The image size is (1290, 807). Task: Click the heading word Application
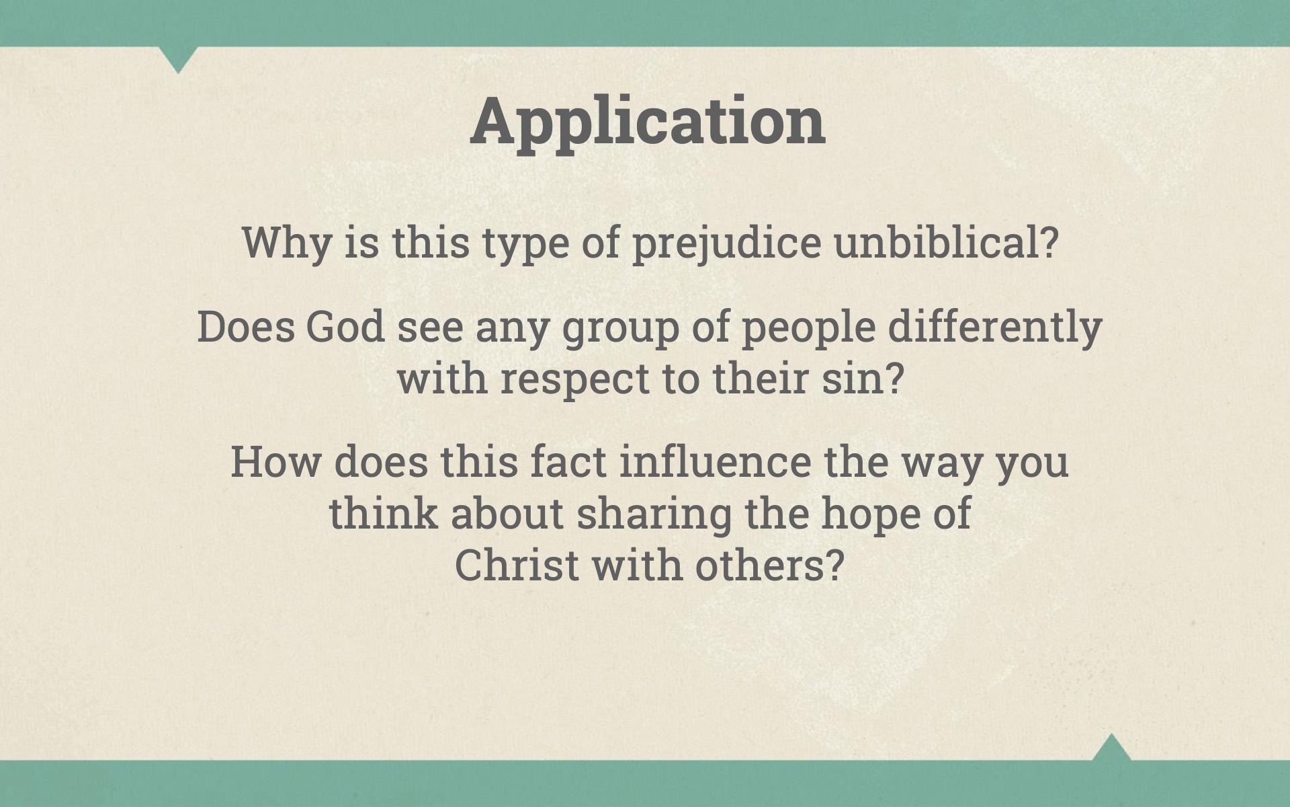tap(648, 122)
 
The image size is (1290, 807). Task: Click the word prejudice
tap(726, 243)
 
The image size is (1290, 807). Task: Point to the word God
tap(345, 327)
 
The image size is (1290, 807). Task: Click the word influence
tap(715, 461)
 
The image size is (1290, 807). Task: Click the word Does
tap(246, 327)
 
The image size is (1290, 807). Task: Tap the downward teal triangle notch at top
tap(178, 58)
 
